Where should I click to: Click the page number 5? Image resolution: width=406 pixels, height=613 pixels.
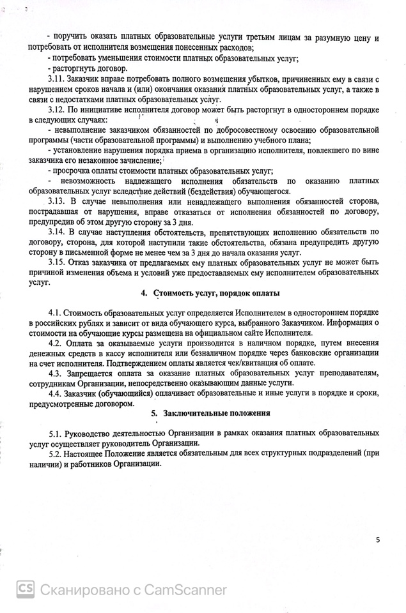377,540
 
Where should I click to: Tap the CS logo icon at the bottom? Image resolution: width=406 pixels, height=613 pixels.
25,589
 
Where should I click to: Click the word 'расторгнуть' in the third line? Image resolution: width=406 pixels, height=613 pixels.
77,68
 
